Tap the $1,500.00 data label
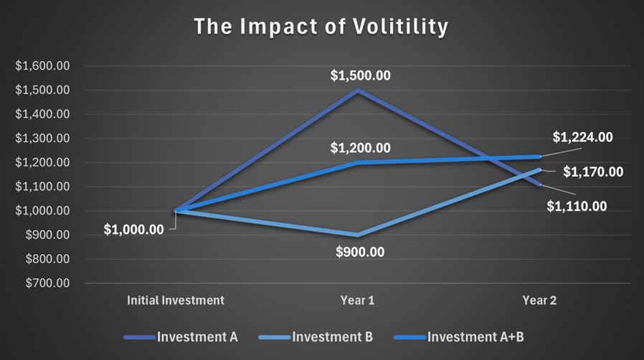click(x=360, y=75)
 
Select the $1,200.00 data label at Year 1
click(x=360, y=148)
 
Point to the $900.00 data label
click(x=360, y=252)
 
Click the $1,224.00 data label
click(x=582, y=137)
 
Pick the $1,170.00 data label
click(x=593, y=171)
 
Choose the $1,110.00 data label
click(x=577, y=206)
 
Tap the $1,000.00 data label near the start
click(x=133, y=229)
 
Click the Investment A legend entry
click(x=181, y=337)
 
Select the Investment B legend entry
click(x=316, y=337)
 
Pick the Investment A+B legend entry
click(x=459, y=337)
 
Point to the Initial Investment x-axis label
click(x=176, y=300)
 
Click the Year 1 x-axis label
click(x=357, y=300)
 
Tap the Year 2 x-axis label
click(x=539, y=300)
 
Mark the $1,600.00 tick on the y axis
click(x=42, y=66)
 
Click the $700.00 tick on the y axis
click(x=47, y=283)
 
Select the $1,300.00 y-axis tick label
click(x=42, y=138)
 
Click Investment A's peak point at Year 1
click(x=358, y=90)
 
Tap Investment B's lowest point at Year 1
click(x=358, y=235)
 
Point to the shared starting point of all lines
click(x=176, y=211)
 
